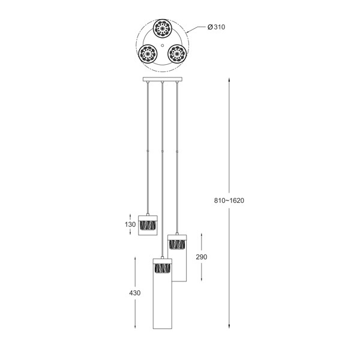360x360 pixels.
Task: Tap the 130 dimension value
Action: coord(130,224)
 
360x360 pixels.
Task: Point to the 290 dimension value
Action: coord(201,256)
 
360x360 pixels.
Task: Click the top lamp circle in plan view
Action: coord(163,28)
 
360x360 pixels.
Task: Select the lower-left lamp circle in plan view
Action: coord(146,55)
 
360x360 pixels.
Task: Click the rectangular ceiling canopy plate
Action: coord(163,79)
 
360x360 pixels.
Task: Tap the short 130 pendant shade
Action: coord(148,224)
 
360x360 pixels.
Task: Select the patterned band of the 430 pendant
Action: coord(163,268)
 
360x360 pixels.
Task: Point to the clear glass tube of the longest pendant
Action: coord(163,306)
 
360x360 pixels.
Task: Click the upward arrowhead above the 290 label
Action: coord(201,234)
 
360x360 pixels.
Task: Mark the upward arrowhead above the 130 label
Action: coord(130,214)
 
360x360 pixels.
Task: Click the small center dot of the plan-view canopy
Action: coord(163,46)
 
